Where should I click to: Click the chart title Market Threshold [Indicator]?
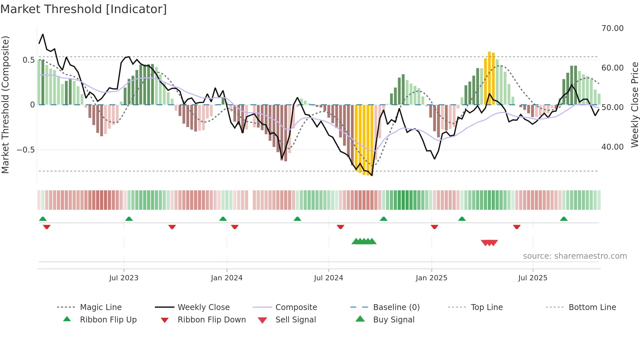pyautogui.click(x=84, y=9)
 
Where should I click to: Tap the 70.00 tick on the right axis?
pyautogui.click(x=612, y=28)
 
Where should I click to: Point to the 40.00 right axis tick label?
pyautogui.click(x=612, y=147)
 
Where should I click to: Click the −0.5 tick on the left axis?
pyautogui.click(x=25, y=150)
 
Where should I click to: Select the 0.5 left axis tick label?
pyautogui.click(x=28, y=60)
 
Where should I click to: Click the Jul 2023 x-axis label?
pyautogui.click(x=124, y=278)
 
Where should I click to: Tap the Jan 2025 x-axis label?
pyautogui.click(x=431, y=278)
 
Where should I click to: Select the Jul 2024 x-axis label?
pyautogui.click(x=328, y=278)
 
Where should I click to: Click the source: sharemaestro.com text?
pyautogui.click(x=575, y=256)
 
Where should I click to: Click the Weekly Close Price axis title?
pyautogui.click(x=634, y=105)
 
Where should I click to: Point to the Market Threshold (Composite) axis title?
pyautogui.click(x=6, y=105)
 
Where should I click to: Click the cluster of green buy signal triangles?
pyautogui.click(x=364, y=241)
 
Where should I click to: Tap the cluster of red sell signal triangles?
pyautogui.click(x=489, y=243)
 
